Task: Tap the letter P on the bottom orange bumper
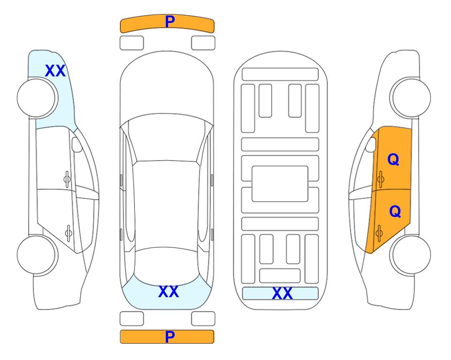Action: [x=170, y=337]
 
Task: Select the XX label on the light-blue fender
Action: [x=55, y=71]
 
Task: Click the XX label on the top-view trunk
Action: [x=169, y=292]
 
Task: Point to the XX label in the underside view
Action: [x=282, y=293]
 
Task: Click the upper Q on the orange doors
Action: [x=393, y=159]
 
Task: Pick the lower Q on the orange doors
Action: [x=395, y=211]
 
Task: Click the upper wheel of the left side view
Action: [x=37, y=98]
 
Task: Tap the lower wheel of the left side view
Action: [x=37, y=255]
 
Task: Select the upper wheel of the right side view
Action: [x=410, y=97]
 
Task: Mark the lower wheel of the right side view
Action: [x=410, y=255]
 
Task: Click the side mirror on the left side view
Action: [x=77, y=144]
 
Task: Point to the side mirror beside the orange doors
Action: [x=371, y=144]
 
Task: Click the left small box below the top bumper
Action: [x=132, y=43]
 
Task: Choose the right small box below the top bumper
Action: [x=203, y=43]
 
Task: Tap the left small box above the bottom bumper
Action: [x=132, y=319]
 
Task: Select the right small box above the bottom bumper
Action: [x=203, y=319]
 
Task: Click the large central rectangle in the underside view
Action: [x=280, y=184]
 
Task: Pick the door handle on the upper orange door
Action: [x=380, y=179]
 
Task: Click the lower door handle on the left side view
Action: [x=68, y=232]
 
